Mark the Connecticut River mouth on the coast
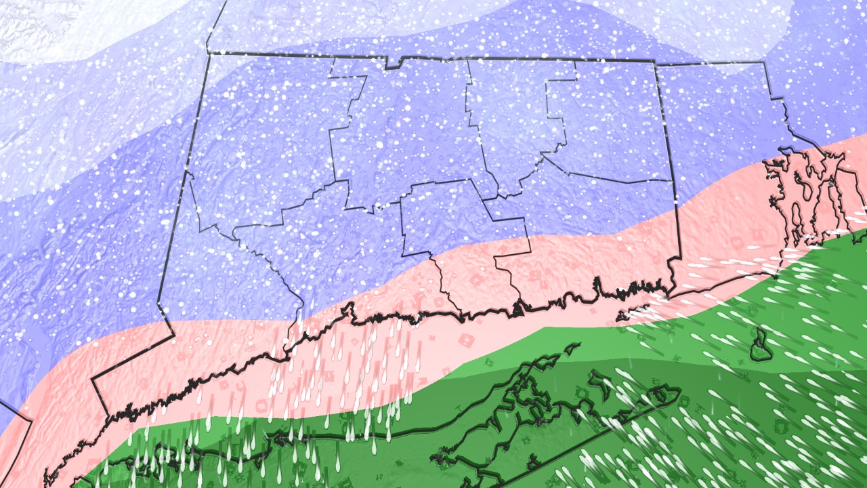520,308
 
